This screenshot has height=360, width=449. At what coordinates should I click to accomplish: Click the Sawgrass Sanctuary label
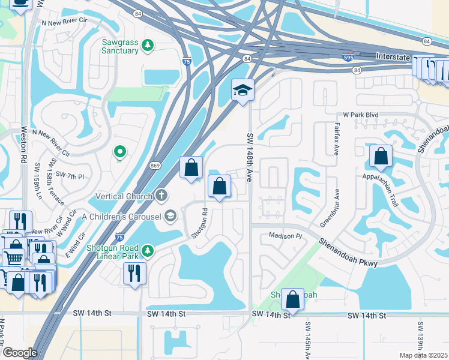pyautogui.click(x=121, y=47)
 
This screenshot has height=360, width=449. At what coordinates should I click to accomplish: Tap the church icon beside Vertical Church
pyautogui.click(x=161, y=196)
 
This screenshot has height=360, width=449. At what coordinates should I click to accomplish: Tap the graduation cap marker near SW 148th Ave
pyautogui.click(x=243, y=91)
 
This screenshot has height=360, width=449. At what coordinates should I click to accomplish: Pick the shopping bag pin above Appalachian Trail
pyautogui.click(x=381, y=157)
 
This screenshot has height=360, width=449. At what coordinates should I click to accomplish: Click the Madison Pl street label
pyautogui.click(x=283, y=236)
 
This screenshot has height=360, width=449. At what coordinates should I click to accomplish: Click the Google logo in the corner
pyautogui.click(x=20, y=353)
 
